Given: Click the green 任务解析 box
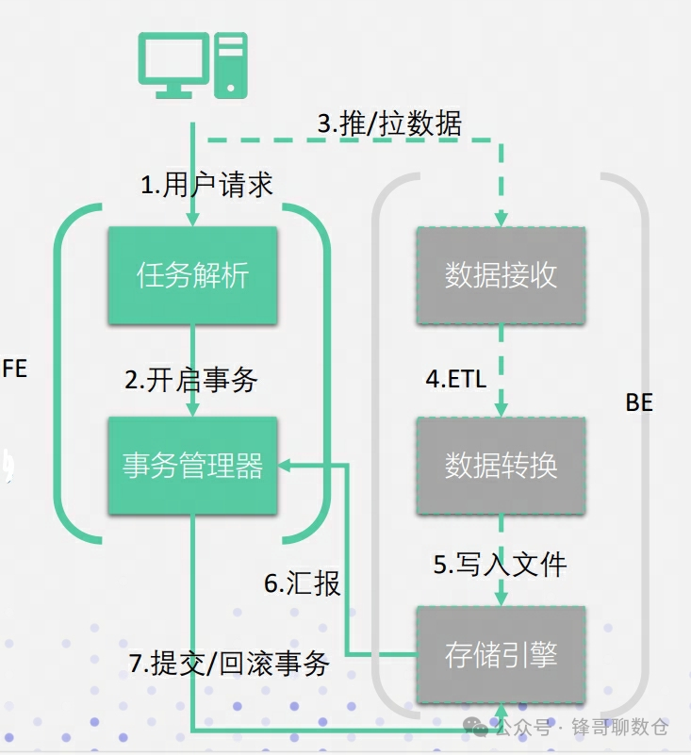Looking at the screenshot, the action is tap(192, 276).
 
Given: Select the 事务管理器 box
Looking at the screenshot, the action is tap(192, 466).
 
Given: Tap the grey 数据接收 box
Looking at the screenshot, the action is tap(501, 276).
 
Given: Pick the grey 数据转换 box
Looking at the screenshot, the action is tap(501, 466).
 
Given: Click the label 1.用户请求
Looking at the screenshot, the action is tap(206, 185).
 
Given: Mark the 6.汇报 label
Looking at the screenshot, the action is tap(302, 583).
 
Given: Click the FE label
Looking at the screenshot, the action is tap(14, 369).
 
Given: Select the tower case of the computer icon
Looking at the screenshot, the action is tap(231, 63).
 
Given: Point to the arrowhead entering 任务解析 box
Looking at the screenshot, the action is tap(192, 220).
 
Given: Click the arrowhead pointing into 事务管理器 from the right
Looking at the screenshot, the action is tap(285, 465).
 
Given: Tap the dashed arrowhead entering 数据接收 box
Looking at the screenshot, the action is tap(501, 220).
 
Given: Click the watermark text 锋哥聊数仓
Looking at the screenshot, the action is tap(625, 727).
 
